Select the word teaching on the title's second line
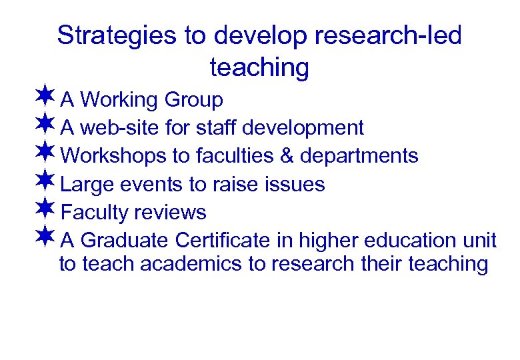coord(259,67)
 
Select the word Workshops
coord(113,155)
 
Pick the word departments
coord(359,157)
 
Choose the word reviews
coord(170,213)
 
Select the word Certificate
coord(235,239)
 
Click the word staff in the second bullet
coord(221,127)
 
